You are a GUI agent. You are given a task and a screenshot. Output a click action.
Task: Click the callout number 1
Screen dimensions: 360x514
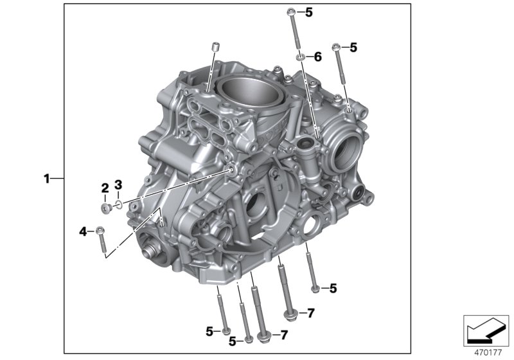(46, 179)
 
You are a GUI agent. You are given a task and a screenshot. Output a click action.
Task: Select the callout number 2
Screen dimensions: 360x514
(104, 188)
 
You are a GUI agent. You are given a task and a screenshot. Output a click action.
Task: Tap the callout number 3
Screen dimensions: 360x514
(118, 185)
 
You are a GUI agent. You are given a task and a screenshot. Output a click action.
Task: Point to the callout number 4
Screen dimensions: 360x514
(82, 230)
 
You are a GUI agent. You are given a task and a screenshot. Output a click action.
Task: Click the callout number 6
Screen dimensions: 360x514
(317, 57)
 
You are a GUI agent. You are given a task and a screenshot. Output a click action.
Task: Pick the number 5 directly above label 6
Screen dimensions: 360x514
(308, 12)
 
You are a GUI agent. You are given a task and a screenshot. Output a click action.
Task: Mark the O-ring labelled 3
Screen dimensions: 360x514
(118, 205)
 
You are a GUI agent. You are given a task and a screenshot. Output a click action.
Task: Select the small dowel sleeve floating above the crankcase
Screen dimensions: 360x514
(215, 47)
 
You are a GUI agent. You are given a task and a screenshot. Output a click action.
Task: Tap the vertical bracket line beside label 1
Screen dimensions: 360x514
(64, 179)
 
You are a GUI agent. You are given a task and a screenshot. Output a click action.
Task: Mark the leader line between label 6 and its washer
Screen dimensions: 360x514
(308, 58)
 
